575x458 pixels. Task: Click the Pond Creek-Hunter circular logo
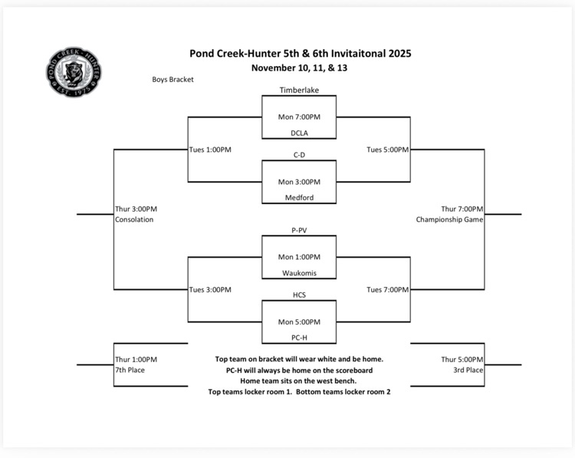[x=74, y=71]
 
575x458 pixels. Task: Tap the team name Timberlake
[x=299, y=90]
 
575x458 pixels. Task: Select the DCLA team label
[x=299, y=133]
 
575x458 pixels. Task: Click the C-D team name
[x=299, y=155]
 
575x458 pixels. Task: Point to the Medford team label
[x=299, y=197]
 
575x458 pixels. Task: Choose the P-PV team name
[x=299, y=229]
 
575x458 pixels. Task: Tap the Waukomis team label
[x=299, y=272]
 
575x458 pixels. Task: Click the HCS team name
[x=299, y=295]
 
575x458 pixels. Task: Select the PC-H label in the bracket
[x=299, y=337]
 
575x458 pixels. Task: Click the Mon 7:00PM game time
[x=299, y=117]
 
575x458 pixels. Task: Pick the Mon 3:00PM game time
[x=299, y=182]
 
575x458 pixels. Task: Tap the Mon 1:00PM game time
[x=299, y=256]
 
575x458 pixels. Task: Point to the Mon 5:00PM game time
[x=299, y=321]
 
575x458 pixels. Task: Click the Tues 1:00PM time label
[x=210, y=150]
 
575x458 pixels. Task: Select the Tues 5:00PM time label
[x=387, y=150]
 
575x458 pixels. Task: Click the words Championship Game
[x=450, y=219]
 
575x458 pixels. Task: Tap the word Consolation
[x=134, y=219]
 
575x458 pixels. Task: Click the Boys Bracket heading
[x=172, y=79]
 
